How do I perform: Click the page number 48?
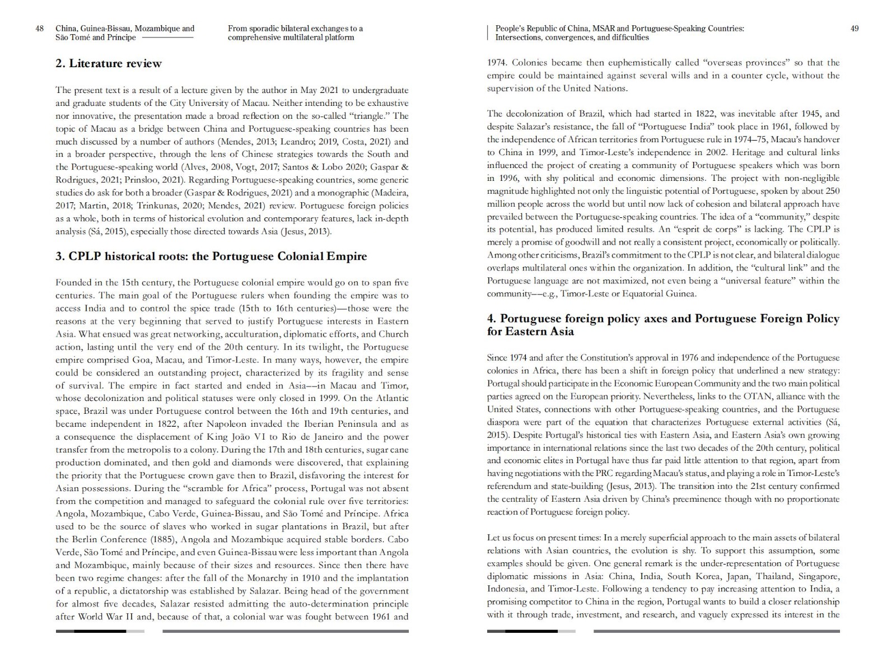(x=40, y=29)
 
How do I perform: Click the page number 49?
(x=855, y=29)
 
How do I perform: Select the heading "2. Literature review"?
(x=109, y=63)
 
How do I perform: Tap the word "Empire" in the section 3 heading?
(x=347, y=256)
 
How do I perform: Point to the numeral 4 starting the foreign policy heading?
(x=491, y=319)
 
